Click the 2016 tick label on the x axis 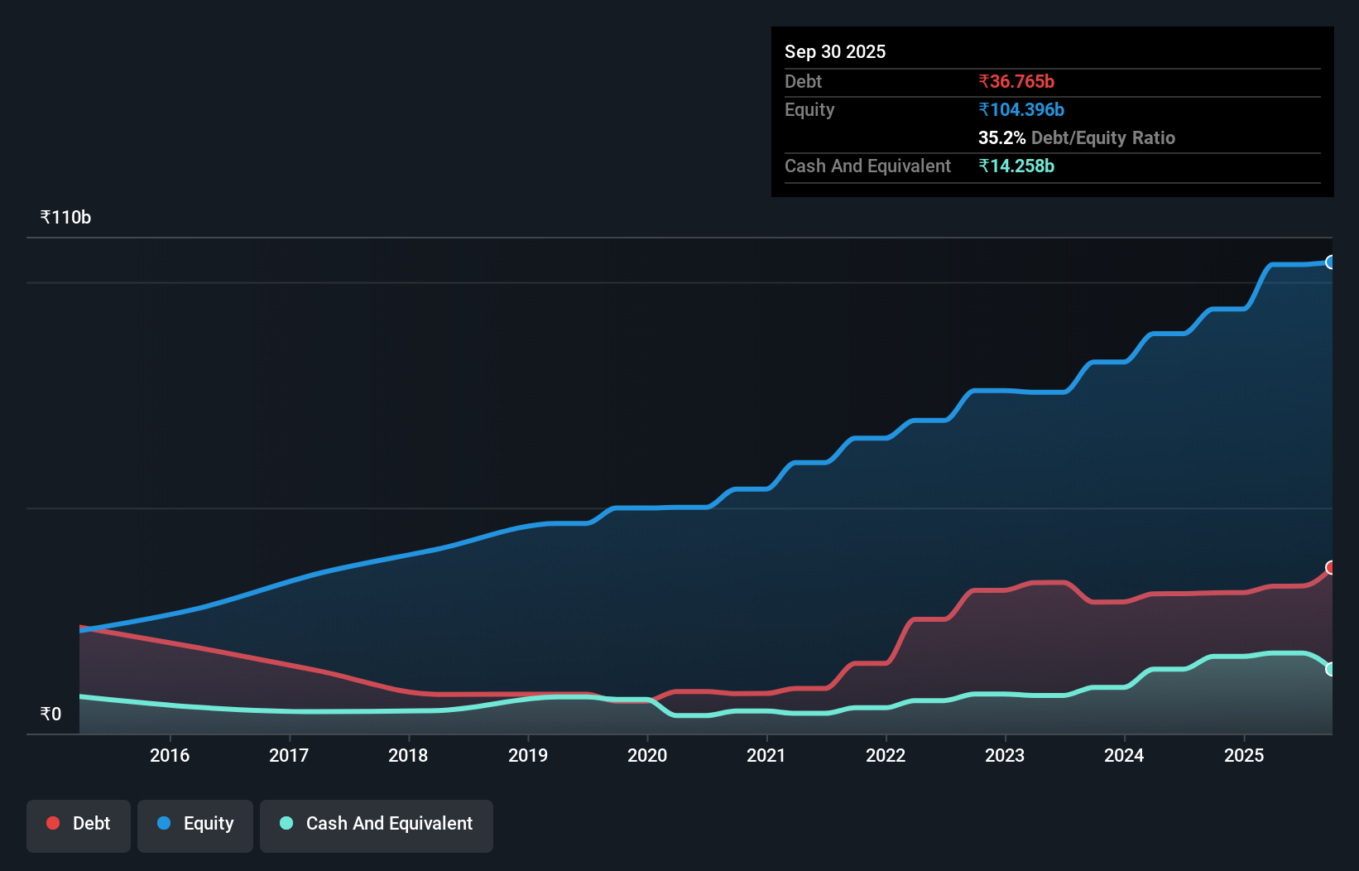coord(170,755)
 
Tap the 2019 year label coord(528,755)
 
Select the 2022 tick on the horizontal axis coord(886,755)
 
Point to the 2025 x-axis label coord(1244,755)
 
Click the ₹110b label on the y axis coord(65,217)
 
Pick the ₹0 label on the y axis coord(50,714)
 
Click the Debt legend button coord(79,824)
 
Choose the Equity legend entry coord(195,824)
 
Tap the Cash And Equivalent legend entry coord(377,824)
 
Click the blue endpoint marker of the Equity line coord(1331,262)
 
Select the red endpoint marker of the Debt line coord(1331,567)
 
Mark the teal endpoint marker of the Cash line coord(1331,669)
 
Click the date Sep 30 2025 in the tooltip coord(835,51)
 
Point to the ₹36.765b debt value coord(1016,81)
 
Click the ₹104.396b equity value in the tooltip coord(1021,109)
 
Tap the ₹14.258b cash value coord(1016,166)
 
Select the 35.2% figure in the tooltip coord(1001,137)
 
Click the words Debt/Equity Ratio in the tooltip coord(1103,137)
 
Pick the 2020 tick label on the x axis coord(647,755)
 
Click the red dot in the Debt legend coord(53,823)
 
